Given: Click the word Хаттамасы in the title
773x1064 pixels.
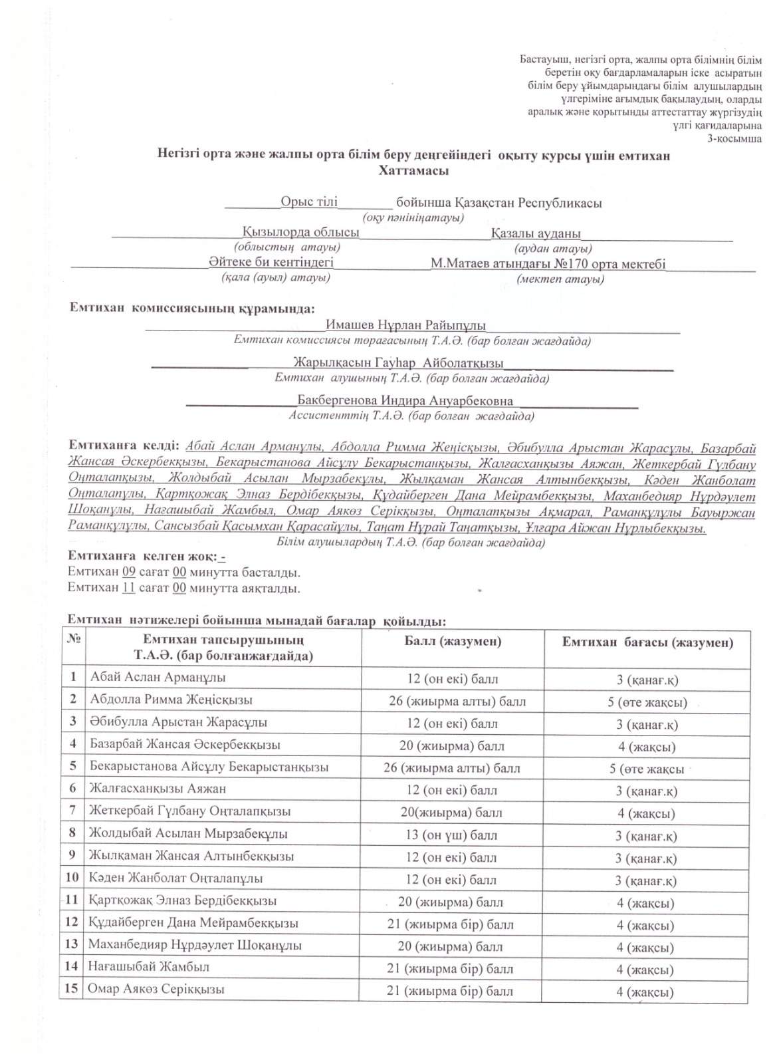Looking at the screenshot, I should (x=413, y=171).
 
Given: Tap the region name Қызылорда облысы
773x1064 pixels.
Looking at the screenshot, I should (x=300, y=233).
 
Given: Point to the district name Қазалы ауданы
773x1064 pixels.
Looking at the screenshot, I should (x=536, y=233).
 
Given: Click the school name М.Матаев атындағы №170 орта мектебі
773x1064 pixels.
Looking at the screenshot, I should (x=547, y=264).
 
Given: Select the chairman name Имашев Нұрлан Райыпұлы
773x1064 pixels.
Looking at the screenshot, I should (x=405, y=326).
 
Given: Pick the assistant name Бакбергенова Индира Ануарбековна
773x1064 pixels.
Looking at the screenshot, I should (x=405, y=401).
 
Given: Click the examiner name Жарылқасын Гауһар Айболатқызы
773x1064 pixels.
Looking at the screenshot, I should (x=397, y=363).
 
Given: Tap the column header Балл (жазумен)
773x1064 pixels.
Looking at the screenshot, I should (x=453, y=642).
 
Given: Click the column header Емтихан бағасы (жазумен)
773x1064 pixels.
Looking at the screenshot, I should (x=647, y=642).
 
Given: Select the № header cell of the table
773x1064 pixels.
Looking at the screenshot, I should (x=74, y=638).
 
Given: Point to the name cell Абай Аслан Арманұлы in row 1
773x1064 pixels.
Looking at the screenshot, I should (x=158, y=678).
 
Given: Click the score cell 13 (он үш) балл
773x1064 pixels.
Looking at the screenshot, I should (x=452, y=835).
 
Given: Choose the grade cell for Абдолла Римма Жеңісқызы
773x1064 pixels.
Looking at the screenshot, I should (x=647, y=702).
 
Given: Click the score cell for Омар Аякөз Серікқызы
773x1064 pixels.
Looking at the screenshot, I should (x=450, y=991).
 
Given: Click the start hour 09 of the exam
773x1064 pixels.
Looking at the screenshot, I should (x=129, y=571).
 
